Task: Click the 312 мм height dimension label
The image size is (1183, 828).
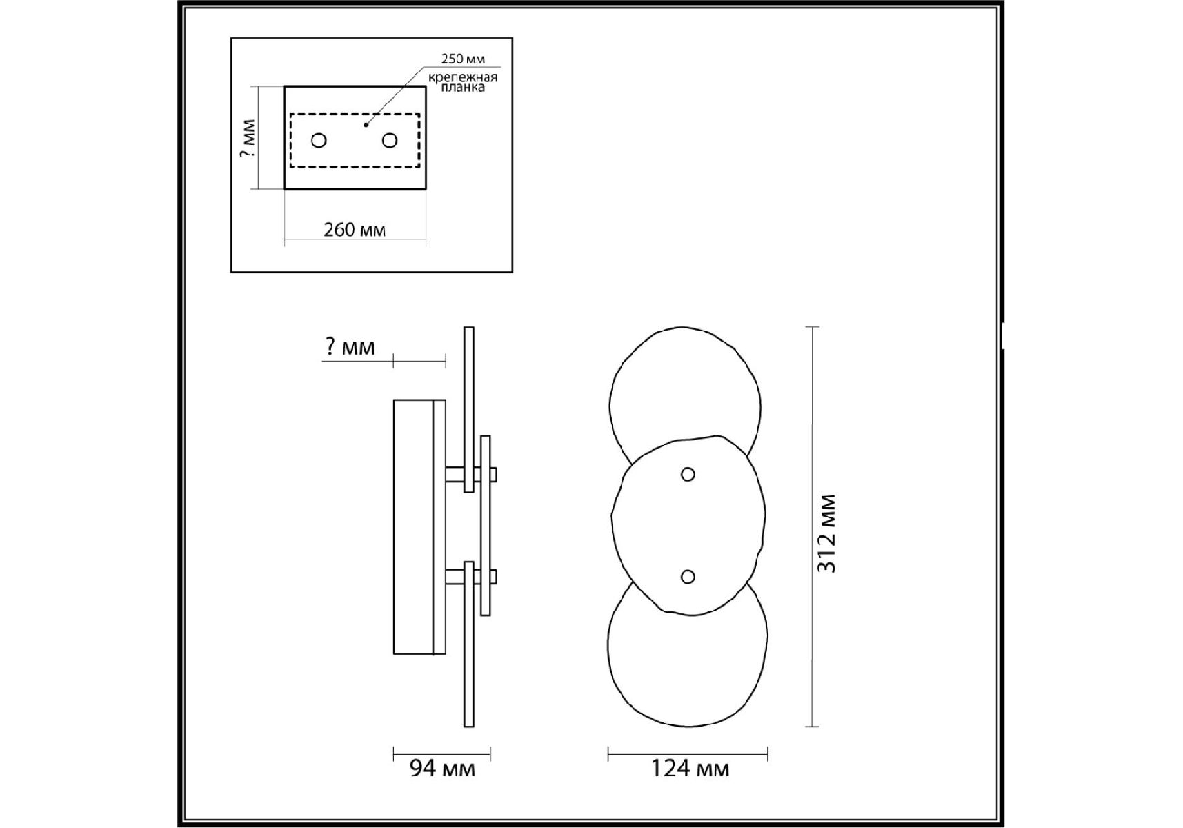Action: point(827,533)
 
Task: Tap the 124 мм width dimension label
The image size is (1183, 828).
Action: point(690,769)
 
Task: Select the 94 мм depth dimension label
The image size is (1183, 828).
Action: point(442,769)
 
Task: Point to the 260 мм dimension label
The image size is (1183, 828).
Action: point(355,230)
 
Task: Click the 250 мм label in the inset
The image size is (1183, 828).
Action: point(463,59)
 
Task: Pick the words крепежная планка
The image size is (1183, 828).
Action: point(463,82)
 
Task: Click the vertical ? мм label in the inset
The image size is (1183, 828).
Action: point(248,138)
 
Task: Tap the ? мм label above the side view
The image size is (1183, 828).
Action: point(350,347)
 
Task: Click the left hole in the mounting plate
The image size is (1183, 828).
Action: point(319,140)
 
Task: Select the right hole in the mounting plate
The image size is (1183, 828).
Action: point(390,140)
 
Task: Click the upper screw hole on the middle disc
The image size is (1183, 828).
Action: point(688,474)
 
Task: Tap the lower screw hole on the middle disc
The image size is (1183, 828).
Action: point(688,576)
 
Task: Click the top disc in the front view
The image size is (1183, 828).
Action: point(685,386)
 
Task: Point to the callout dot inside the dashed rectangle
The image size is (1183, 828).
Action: point(366,125)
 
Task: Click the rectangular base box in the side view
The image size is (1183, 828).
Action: point(419,526)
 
